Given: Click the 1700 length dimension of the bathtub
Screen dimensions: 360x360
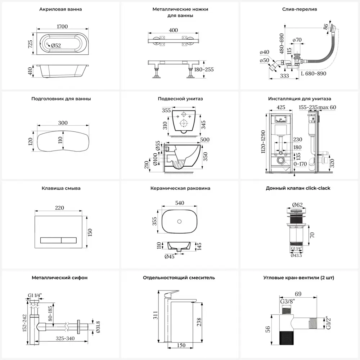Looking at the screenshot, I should (60, 26).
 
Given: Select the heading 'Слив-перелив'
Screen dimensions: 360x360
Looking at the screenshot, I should (300, 9).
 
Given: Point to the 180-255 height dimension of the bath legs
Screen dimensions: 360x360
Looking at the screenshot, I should (203, 69).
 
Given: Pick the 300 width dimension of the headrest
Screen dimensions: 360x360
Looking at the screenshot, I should (63, 123).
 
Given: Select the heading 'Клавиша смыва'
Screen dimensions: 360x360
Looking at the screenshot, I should (61, 188).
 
